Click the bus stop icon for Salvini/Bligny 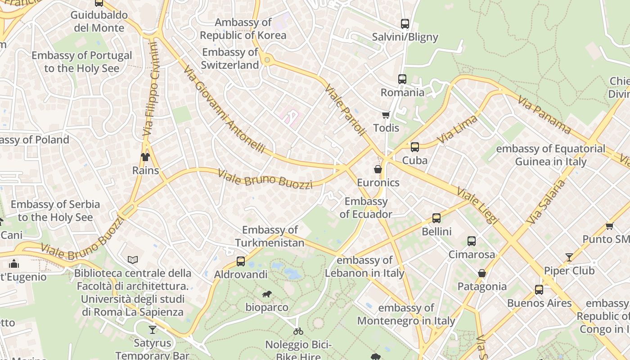pyautogui.click(x=405, y=24)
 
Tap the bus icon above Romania pyautogui.click(x=402, y=79)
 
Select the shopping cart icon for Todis pyautogui.click(x=386, y=115)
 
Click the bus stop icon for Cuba pyautogui.click(x=414, y=147)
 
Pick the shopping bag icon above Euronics pyautogui.click(x=378, y=169)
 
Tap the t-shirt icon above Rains pyautogui.click(x=145, y=157)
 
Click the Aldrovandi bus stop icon pyautogui.click(x=241, y=261)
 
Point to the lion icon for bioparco pyautogui.click(x=267, y=294)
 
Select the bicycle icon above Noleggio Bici pyautogui.click(x=298, y=331)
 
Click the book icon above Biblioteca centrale pyautogui.click(x=132, y=260)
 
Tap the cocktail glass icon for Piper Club pyautogui.click(x=569, y=257)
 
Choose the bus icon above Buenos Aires pyautogui.click(x=539, y=290)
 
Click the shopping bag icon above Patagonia pyautogui.click(x=481, y=273)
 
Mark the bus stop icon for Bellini pyautogui.click(x=436, y=218)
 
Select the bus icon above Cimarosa pyautogui.click(x=471, y=241)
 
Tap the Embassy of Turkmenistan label pyautogui.click(x=270, y=236)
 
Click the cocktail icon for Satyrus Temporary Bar pyautogui.click(x=153, y=330)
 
